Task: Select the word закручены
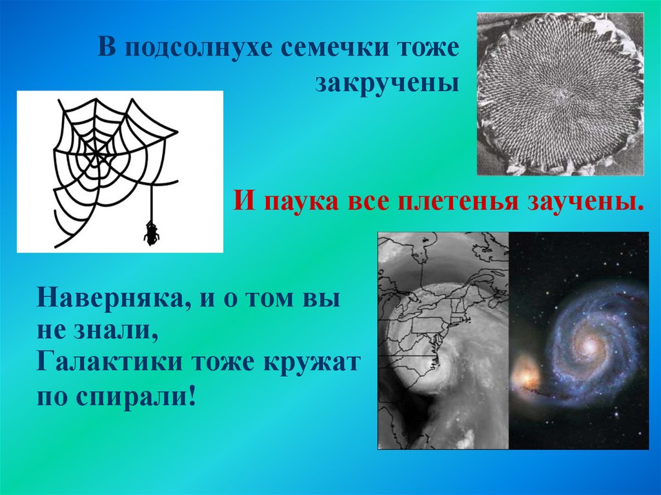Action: tap(387, 84)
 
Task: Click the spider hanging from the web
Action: tap(152, 233)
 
